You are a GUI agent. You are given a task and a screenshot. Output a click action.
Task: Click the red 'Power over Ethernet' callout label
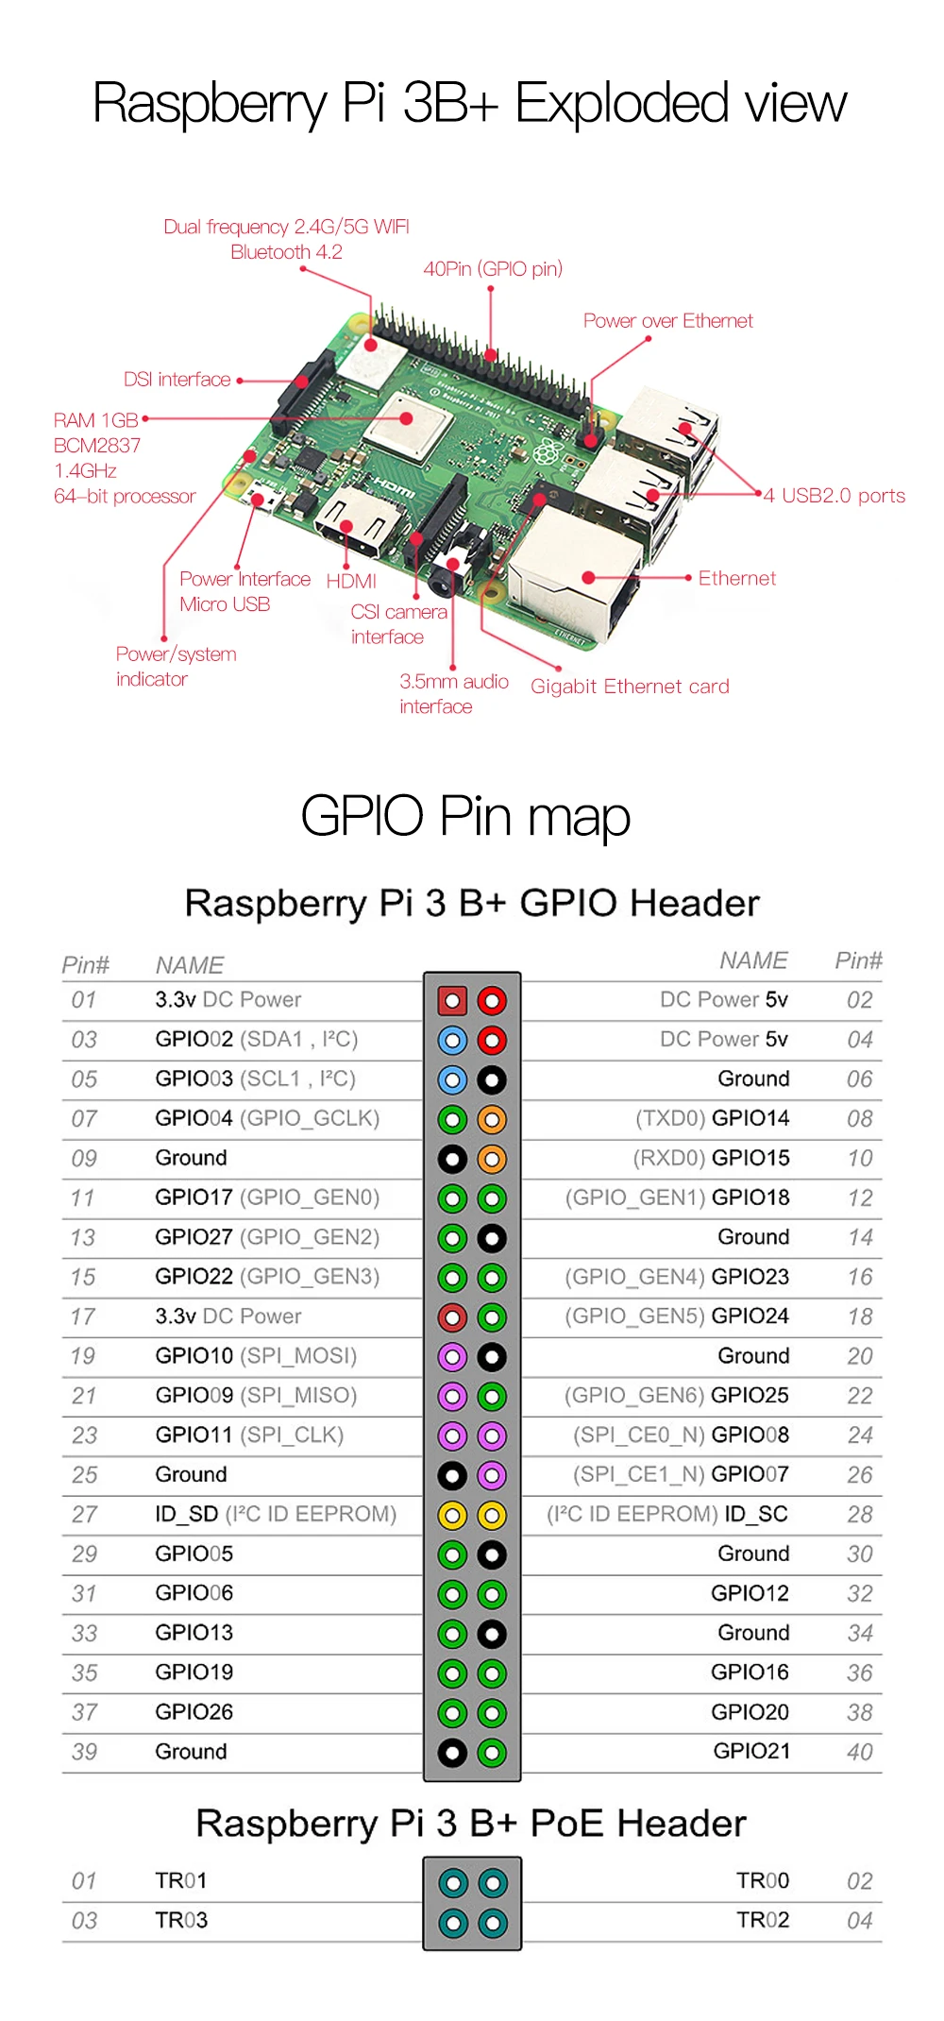(667, 321)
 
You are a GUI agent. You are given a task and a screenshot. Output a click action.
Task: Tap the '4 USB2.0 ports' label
(834, 496)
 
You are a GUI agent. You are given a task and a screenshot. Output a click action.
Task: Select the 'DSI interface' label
(177, 380)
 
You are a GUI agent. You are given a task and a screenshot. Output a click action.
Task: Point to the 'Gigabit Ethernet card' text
(630, 687)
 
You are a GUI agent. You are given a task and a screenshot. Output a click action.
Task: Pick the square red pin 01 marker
(452, 1001)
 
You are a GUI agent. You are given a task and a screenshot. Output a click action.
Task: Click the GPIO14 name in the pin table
(750, 1118)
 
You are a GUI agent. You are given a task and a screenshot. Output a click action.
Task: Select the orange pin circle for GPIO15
(492, 1159)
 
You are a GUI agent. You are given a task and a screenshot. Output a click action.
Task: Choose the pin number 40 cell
(860, 1752)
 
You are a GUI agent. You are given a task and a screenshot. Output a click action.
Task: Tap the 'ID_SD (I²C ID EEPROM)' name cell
(276, 1514)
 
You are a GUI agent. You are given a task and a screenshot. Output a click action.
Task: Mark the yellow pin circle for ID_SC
(492, 1516)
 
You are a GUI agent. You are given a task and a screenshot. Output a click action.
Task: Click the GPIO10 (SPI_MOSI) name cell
(256, 1356)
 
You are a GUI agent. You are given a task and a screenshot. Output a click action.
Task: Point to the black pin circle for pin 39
(452, 1754)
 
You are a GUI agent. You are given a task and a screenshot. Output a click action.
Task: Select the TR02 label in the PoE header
(763, 1920)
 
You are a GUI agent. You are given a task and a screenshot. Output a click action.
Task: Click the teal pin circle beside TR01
(453, 1884)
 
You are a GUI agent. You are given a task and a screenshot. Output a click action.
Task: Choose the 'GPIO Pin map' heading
(465, 817)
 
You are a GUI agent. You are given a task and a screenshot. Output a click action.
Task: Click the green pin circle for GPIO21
(492, 1754)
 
